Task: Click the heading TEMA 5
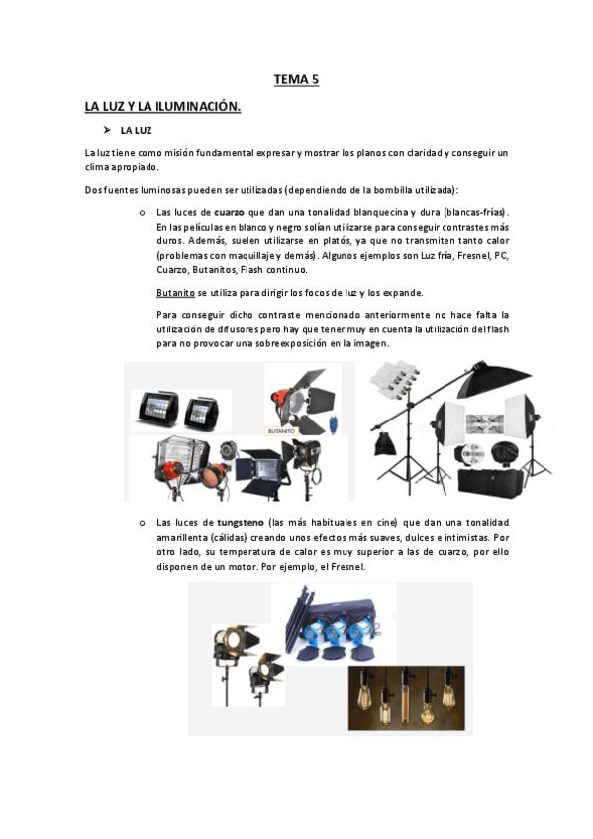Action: click(x=296, y=80)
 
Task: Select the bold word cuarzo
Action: click(x=230, y=213)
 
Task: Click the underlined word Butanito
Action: click(x=175, y=293)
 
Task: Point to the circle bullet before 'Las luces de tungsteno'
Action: click(x=143, y=522)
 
